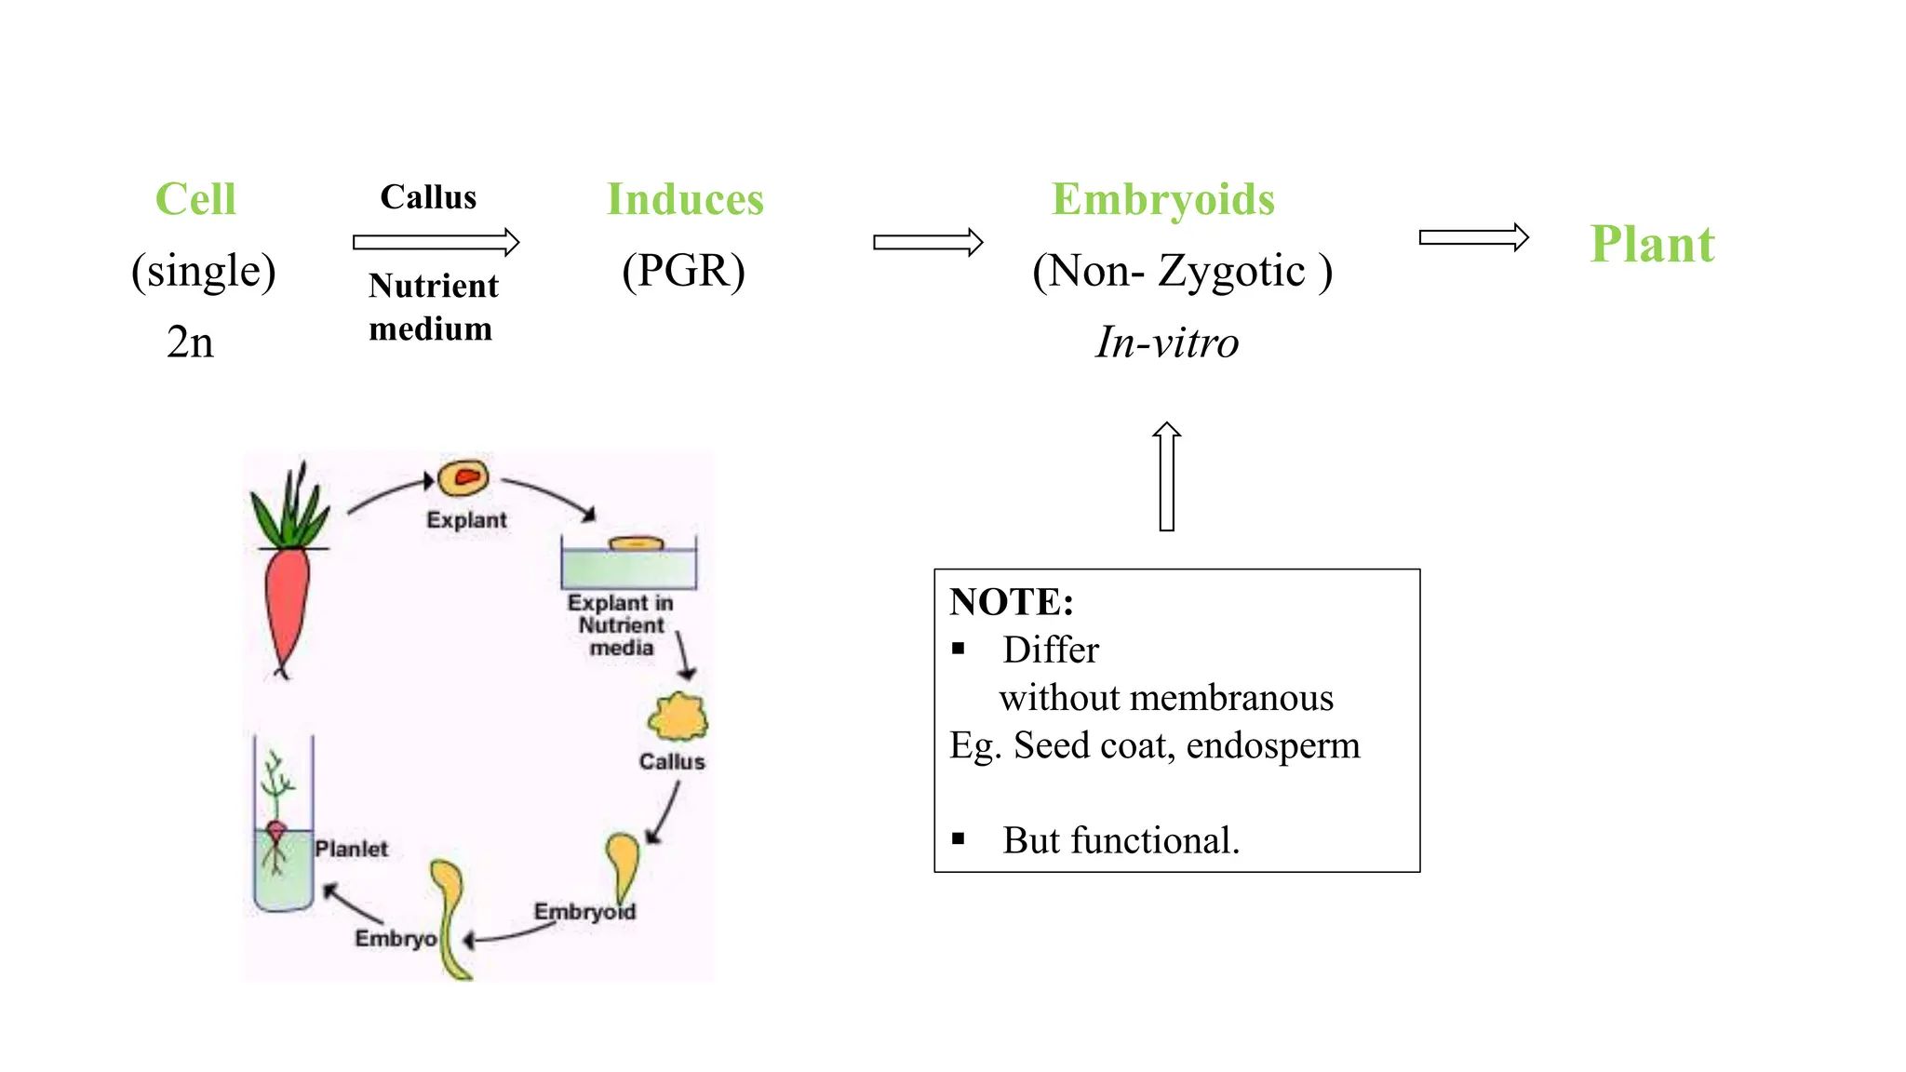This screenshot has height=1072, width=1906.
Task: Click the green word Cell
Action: point(195,199)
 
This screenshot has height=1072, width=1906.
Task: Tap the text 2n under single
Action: point(190,342)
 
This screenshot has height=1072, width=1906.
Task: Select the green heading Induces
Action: point(685,199)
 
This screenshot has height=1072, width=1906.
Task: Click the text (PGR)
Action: point(683,271)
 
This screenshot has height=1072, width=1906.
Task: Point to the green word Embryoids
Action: point(1162,199)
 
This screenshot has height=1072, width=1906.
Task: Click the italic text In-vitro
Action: point(1167,342)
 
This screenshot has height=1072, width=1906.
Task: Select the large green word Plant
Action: point(1652,245)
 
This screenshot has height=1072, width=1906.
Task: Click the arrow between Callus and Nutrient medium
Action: point(436,243)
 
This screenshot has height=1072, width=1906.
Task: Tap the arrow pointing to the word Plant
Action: point(1473,238)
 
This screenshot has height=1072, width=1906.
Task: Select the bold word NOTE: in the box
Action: point(1012,602)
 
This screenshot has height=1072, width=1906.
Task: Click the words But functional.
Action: point(1121,840)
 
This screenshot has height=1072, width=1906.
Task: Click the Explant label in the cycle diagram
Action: point(466,520)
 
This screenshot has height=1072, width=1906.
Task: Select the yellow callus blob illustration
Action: point(678,717)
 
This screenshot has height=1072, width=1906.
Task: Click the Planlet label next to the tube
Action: point(351,849)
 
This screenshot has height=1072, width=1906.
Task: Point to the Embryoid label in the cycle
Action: point(584,912)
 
